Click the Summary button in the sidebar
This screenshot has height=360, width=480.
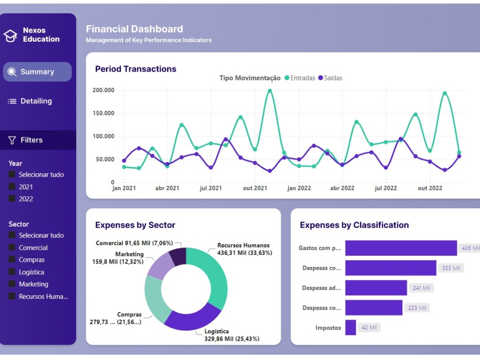coord(37,72)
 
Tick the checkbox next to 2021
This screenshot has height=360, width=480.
coord(12,187)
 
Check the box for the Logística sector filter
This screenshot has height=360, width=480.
coord(12,272)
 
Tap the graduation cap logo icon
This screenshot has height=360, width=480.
coord(11,36)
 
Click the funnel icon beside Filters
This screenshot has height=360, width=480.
coord(12,140)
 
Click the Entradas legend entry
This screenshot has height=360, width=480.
coord(300,78)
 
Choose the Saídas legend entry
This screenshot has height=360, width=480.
coord(330,78)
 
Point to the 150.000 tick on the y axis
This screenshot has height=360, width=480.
coord(103,113)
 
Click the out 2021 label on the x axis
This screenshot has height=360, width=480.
coord(255,188)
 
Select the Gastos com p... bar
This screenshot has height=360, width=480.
coord(401,248)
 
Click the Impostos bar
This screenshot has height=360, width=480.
coord(350,328)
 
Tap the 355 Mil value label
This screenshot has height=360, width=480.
coord(451,268)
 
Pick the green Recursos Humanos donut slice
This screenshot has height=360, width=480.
coord(211,276)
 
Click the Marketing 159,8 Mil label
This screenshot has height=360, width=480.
coord(118,258)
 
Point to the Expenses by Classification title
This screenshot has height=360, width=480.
coord(354,225)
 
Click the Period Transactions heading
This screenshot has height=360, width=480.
coord(136,69)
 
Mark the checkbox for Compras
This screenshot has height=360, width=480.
coord(12,260)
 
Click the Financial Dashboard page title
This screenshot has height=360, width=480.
coord(134,29)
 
